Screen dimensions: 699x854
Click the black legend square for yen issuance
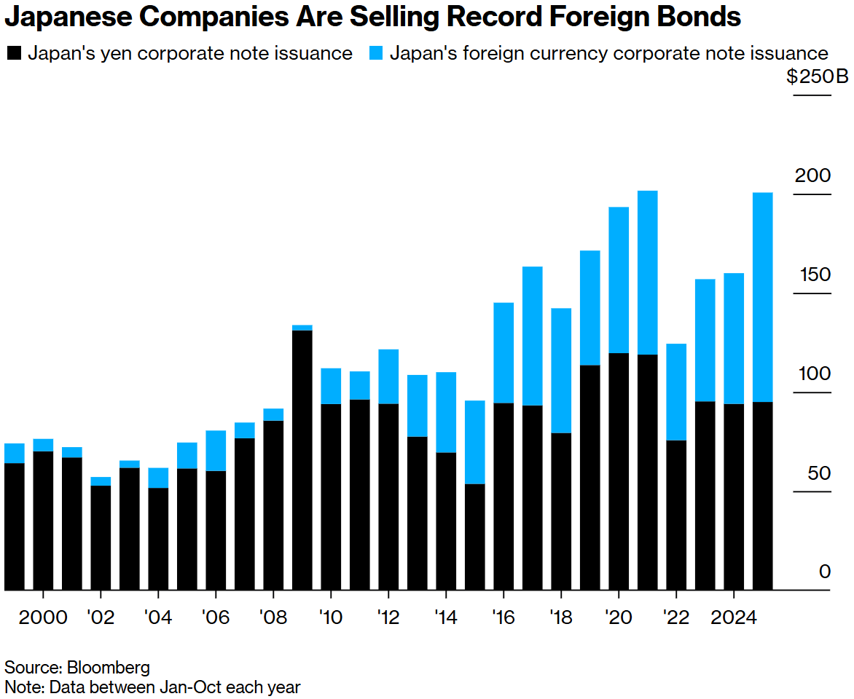click(14, 53)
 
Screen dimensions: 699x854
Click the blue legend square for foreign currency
click(375, 53)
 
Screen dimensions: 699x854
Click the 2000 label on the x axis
click(43, 617)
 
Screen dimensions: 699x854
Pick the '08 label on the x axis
click(273, 617)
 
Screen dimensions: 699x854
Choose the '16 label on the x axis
click(503, 617)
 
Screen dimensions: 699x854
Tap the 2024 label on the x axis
click(734, 617)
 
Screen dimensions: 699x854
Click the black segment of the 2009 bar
click(302, 459)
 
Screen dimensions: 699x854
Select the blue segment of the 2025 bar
click(762, 297)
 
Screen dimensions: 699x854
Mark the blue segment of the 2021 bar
click(648, 272)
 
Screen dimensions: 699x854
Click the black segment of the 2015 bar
click(475, 537)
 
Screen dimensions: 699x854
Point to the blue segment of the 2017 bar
click(533, 336)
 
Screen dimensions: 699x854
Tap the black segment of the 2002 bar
click(101, 537)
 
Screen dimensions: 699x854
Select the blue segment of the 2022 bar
click(676, 392)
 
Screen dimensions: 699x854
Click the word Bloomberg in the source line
click(108, 667)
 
